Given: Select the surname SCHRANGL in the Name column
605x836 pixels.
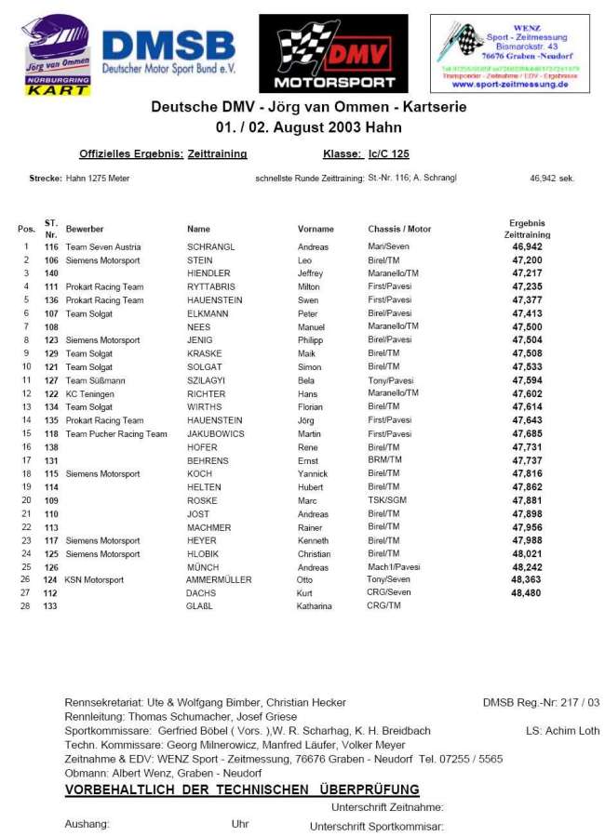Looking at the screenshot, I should click(x=210, y=247).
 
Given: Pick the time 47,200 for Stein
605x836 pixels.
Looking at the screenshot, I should click(x=527, y=260).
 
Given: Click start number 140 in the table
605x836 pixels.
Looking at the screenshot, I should click(x=51, y=274).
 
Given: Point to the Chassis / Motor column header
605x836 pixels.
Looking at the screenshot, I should click(x=399, y=229).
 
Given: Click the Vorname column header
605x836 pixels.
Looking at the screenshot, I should click(x=316, y=229).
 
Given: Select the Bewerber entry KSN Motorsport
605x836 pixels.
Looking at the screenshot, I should click(x=94, y=580).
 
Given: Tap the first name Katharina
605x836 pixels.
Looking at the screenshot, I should click(x=315, y=606).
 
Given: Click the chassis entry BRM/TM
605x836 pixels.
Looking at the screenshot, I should click(x=384, y=460).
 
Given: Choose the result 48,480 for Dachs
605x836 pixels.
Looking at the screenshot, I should click(x=527, y=593).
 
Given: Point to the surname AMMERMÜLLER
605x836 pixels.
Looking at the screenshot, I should click(x=219, y=580).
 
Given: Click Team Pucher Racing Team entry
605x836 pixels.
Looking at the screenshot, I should click(x=116, y=434).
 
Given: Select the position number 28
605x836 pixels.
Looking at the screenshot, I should click(x=26, y=606).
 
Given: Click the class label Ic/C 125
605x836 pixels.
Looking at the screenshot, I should click(x=389, y=154).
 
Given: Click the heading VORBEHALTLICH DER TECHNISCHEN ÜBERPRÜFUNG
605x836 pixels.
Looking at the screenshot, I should click(x=241, y=790).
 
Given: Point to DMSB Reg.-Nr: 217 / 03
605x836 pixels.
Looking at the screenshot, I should click(x=541, y=703).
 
